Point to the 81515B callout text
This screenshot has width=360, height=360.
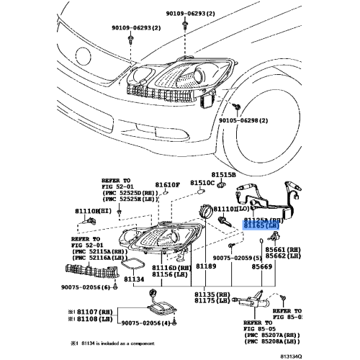click(224, 174)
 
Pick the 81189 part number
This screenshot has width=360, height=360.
click(207, 266)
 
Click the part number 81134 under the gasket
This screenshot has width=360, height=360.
click(155, 277)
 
